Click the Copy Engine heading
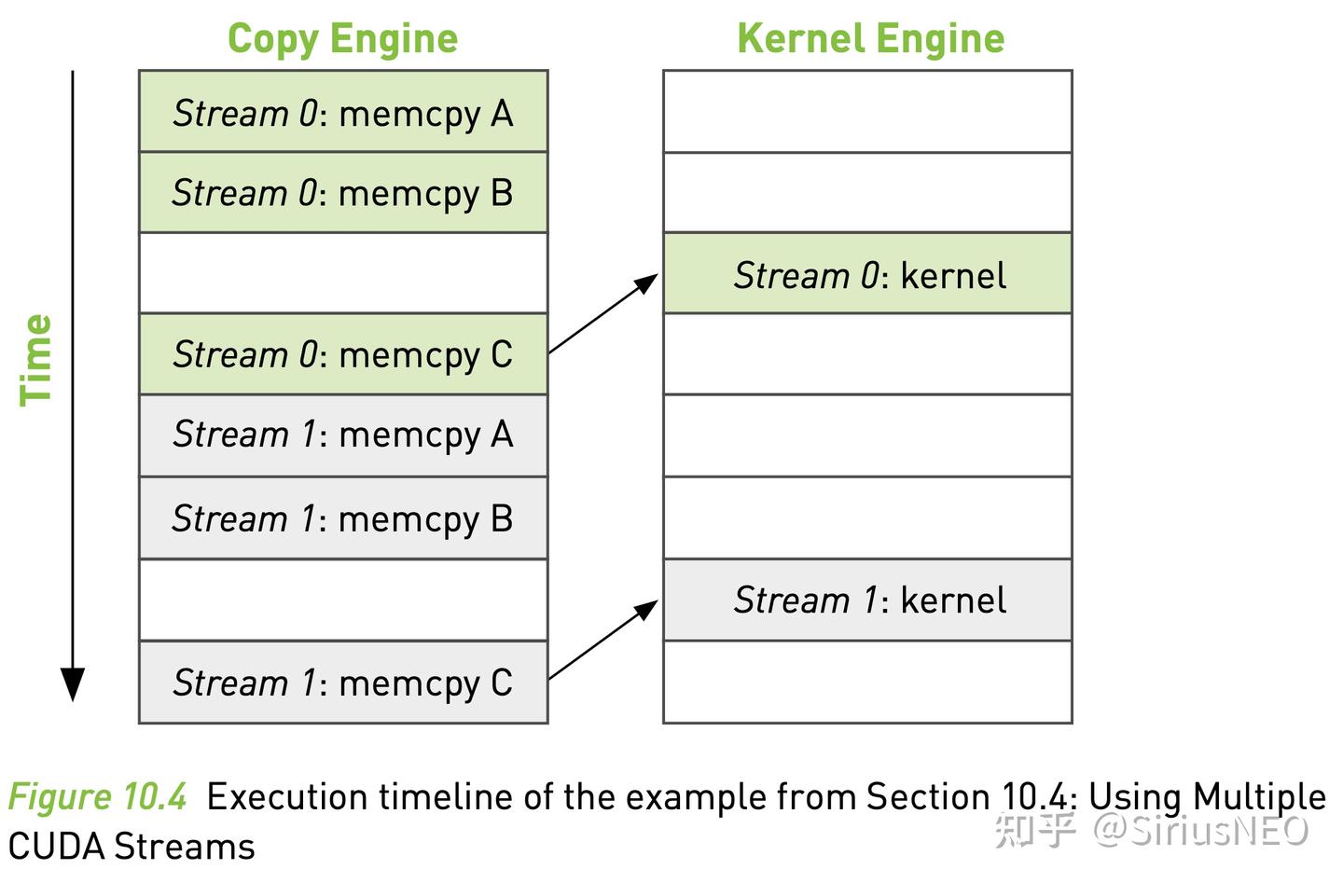tap(342, 39)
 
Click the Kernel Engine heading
tap(870, 39)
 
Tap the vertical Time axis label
tap(36, 359)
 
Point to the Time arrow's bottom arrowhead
tap(73, 684)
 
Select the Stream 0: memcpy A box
tap(343, 112)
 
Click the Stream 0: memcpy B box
tap(343, 193)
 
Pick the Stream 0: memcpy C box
tap(343, 354)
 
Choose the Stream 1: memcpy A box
tap(343, 435)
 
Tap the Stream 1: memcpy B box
tap(343, 518)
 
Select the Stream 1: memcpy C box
tap(343, 683)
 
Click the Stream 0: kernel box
tap(867, 274)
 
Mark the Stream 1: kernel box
tap(867, 600)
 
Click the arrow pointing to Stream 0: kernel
tap(603, 313)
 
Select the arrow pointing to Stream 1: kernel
tap(603, 640)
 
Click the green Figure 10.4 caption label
tap(97, 797)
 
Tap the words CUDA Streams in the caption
tap(132, 847)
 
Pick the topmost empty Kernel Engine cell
tap(867, 112)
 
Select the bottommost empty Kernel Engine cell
tap(867, 682)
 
